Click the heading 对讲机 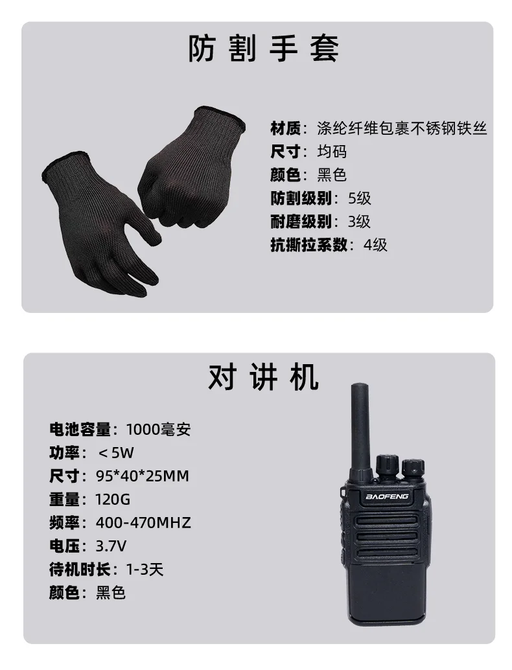point(263,378)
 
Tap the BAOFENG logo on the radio point(387,496)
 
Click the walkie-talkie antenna point(357,428)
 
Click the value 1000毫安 point(158,428)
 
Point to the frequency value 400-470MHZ point(143,522)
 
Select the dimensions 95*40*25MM point(142,476)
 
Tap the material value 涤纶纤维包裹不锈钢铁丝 point(402,128)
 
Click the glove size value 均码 point(332,152)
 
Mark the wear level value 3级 point(359,222)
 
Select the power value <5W point(117,452)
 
